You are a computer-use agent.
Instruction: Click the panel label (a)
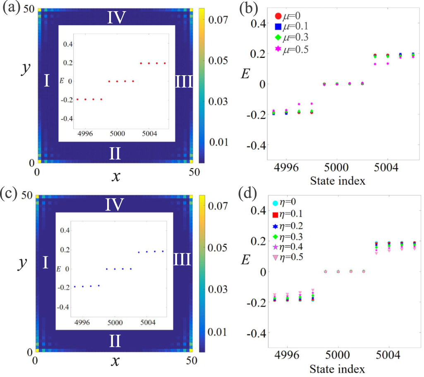pyautogui.click(x=10, y=9)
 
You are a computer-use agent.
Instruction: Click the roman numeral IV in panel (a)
pyautogui.click(x=117, y=17)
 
